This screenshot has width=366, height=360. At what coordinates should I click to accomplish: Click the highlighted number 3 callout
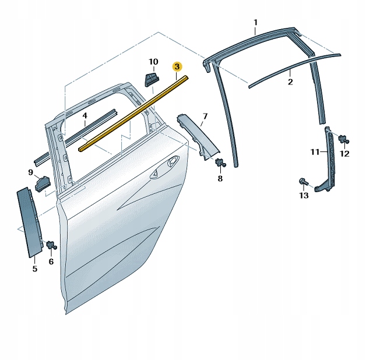[x=177, y=67]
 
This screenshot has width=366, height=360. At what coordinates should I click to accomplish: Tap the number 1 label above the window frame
[x=256, y=23]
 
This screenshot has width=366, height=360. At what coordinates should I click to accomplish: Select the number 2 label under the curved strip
[x=290, y=82]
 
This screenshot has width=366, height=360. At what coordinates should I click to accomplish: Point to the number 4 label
[x=85, y=115]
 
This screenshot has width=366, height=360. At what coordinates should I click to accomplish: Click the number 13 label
[x=304, y=195]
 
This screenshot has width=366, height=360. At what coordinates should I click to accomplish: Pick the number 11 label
[x=315, y=152]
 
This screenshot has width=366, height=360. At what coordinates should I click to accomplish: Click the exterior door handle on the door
[x=164, y=167]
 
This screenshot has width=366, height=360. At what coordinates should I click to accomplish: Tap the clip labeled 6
[x=52, y=245]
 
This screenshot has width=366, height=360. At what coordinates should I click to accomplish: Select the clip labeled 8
[x=220, y=163]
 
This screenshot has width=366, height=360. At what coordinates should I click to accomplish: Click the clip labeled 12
[x=344, y=139]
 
